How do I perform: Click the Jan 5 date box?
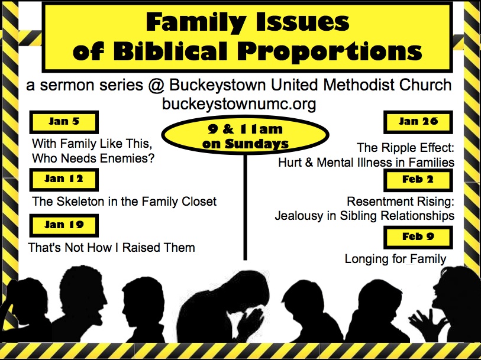(64, 122)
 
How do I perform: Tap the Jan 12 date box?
(64, 179)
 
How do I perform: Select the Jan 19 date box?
(64, 225)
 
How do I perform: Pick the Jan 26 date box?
(418, 122)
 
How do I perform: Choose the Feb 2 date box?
(418, 180)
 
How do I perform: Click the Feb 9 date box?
(418, 237)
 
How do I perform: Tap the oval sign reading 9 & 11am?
(245, 135)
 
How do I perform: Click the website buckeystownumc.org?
(239, 103)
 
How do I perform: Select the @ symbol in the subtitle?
(156, 85)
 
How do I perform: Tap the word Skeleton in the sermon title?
(80, 202)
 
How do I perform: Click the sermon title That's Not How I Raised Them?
(111, 247)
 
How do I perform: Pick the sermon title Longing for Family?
(395, 259)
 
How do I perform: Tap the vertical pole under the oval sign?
(245, 207)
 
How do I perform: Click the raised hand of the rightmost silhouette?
(427, 323)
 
